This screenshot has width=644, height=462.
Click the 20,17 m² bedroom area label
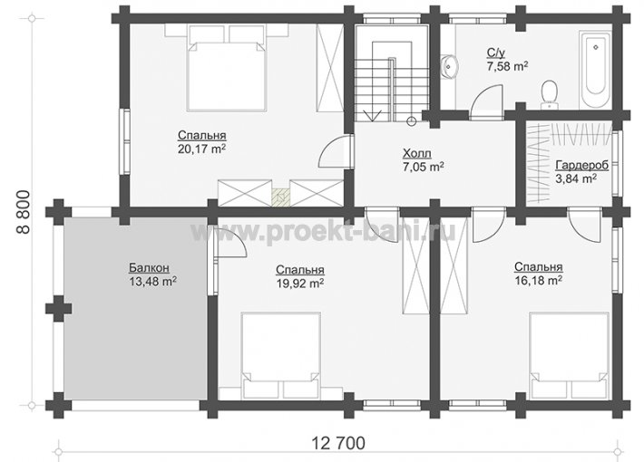pos(201,149)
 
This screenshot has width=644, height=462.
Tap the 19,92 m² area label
pos(300,284)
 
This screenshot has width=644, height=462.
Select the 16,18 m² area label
pos(539,280)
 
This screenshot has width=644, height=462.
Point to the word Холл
pos(417,154)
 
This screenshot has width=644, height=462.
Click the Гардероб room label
pos(581,166)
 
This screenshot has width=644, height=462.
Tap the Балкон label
pos(149,268)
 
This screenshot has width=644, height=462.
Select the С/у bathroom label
pos(496,53)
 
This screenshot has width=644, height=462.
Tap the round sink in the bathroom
pos(451,66)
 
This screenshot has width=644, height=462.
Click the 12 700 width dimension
pos(338,443)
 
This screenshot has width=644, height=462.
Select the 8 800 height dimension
pos(24,212)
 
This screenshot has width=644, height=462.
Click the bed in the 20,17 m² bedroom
pos(226,68)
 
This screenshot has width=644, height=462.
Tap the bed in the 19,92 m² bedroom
pos(281,356)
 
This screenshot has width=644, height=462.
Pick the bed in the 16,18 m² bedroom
pos(569,356)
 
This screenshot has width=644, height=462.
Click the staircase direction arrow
pos(373,115)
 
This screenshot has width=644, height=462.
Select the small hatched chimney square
pos(281,197)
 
